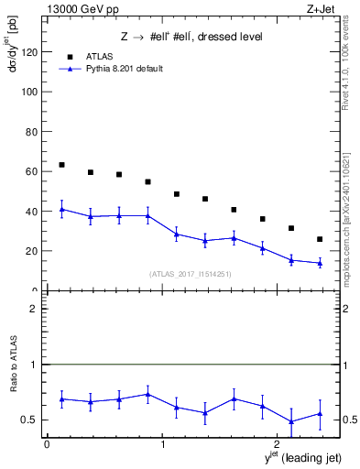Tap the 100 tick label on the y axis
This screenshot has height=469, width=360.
[30, 93]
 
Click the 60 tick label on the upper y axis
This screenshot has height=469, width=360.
[33, 171]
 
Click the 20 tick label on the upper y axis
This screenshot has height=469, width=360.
[33, 251]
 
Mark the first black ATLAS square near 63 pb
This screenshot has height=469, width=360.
[61, 165]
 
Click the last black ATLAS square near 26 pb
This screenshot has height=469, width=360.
[320, 239]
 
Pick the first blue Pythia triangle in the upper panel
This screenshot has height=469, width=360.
[61, 209]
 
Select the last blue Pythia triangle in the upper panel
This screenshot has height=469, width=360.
[320, 263]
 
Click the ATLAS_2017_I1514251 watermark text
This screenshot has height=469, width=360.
[191, 273]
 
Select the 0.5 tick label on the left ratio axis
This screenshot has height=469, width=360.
[30, 420]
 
